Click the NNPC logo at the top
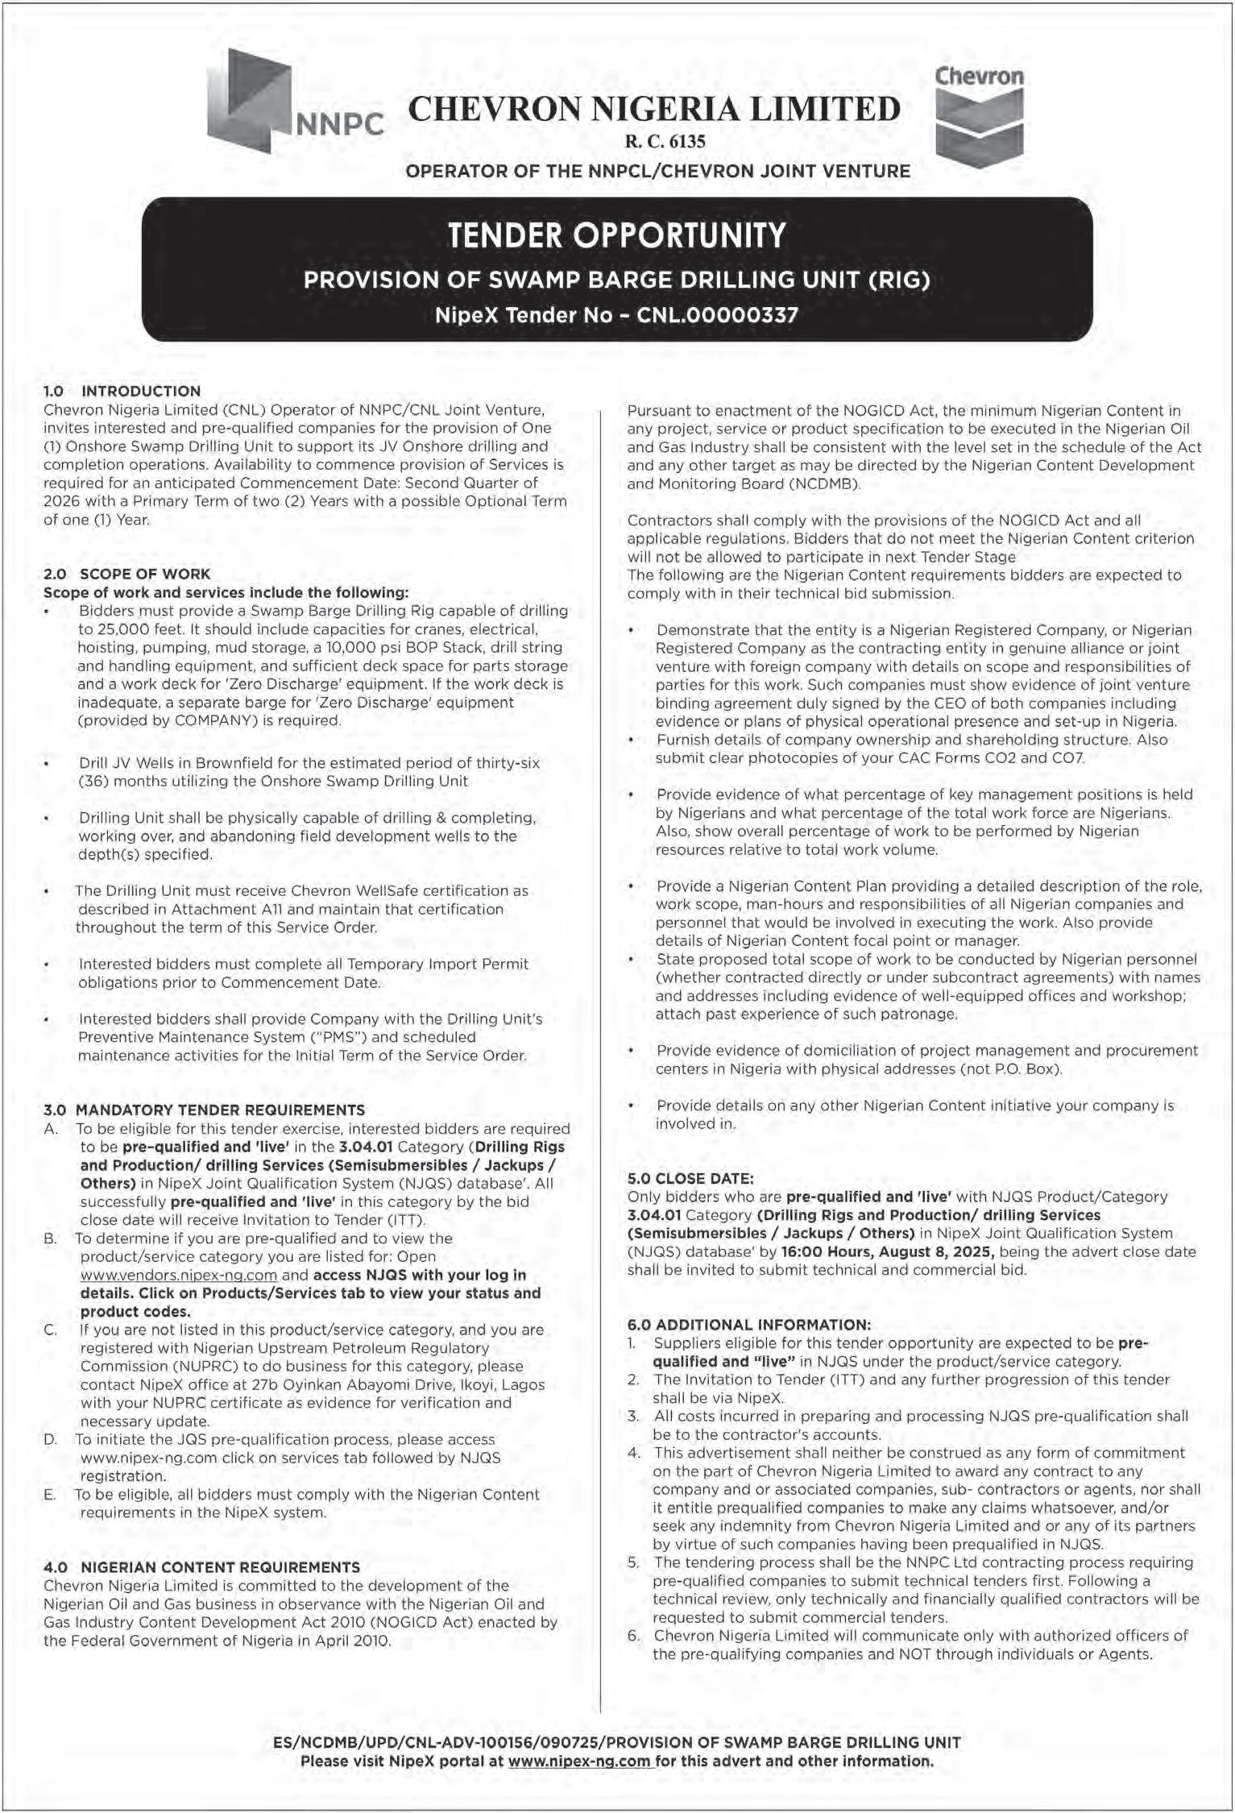[294, 101]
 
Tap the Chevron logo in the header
[979, 117]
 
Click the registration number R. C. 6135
[665, 142]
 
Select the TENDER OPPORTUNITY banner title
[616, 235]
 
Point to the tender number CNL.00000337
[717, 315]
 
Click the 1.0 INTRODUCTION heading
[122, 392]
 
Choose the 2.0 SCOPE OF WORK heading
[126, 574]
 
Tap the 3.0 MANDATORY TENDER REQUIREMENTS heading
[204, 1110]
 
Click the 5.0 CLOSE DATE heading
[690, 1178]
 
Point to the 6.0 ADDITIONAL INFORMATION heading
[749, 1324]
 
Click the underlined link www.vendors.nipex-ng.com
[179, 1276]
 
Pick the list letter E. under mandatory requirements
[50, 1495]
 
